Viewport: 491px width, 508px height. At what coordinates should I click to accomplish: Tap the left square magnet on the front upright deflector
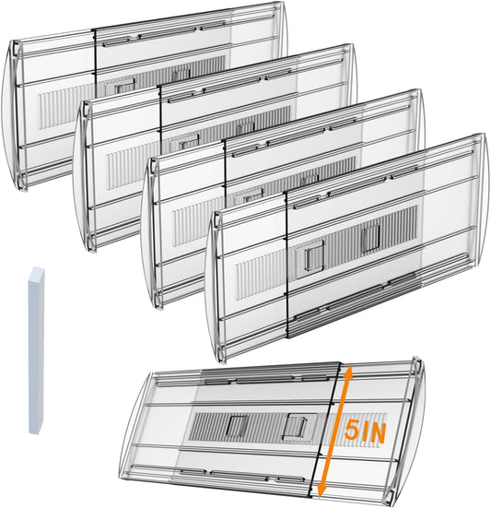pos(311,258)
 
